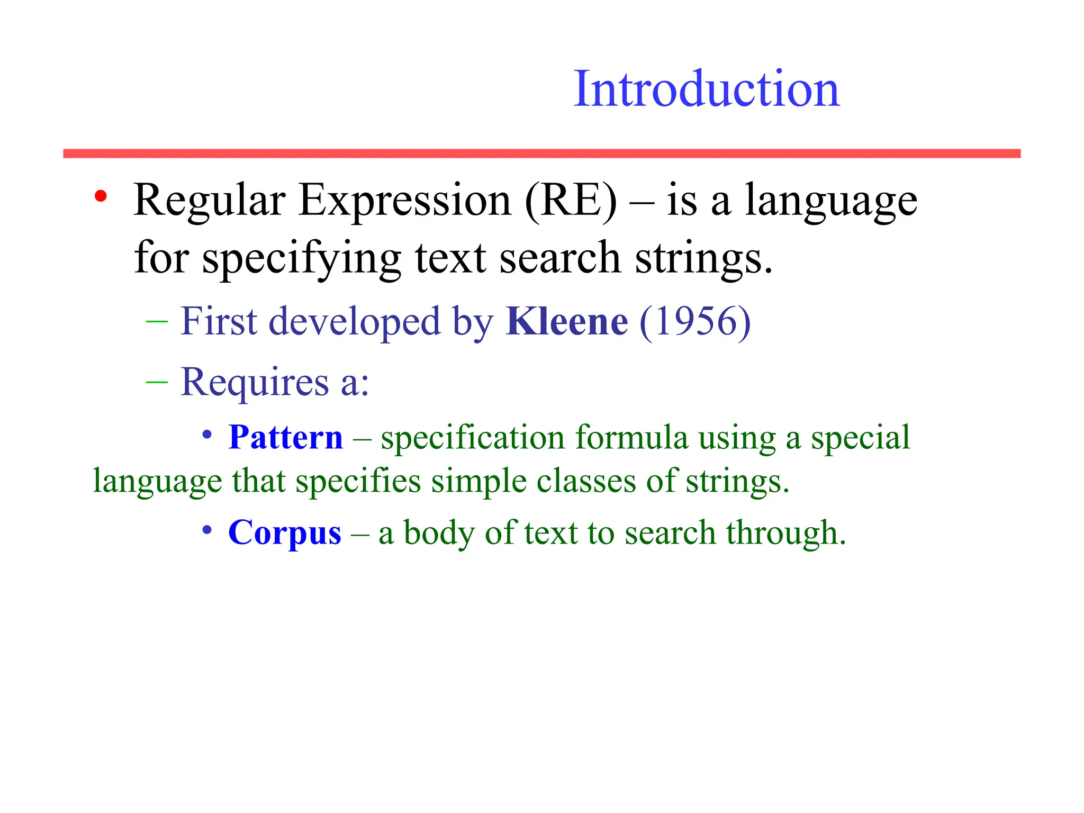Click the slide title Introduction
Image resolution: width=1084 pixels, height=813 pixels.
tap(707, 89)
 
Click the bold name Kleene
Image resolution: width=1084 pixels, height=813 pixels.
tap(567, 321)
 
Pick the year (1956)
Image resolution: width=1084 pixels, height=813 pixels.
tap(695, 321)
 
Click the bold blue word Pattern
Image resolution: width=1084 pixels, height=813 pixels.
tap(286, 438)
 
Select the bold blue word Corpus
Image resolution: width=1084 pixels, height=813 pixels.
tap(285, 532)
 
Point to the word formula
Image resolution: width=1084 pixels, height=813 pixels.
tap(631, 438)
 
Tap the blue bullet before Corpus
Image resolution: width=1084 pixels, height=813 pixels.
tap(207, 530)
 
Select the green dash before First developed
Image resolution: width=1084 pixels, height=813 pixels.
tap(157, 321)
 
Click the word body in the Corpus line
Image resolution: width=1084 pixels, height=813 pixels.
tap(439, 532)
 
